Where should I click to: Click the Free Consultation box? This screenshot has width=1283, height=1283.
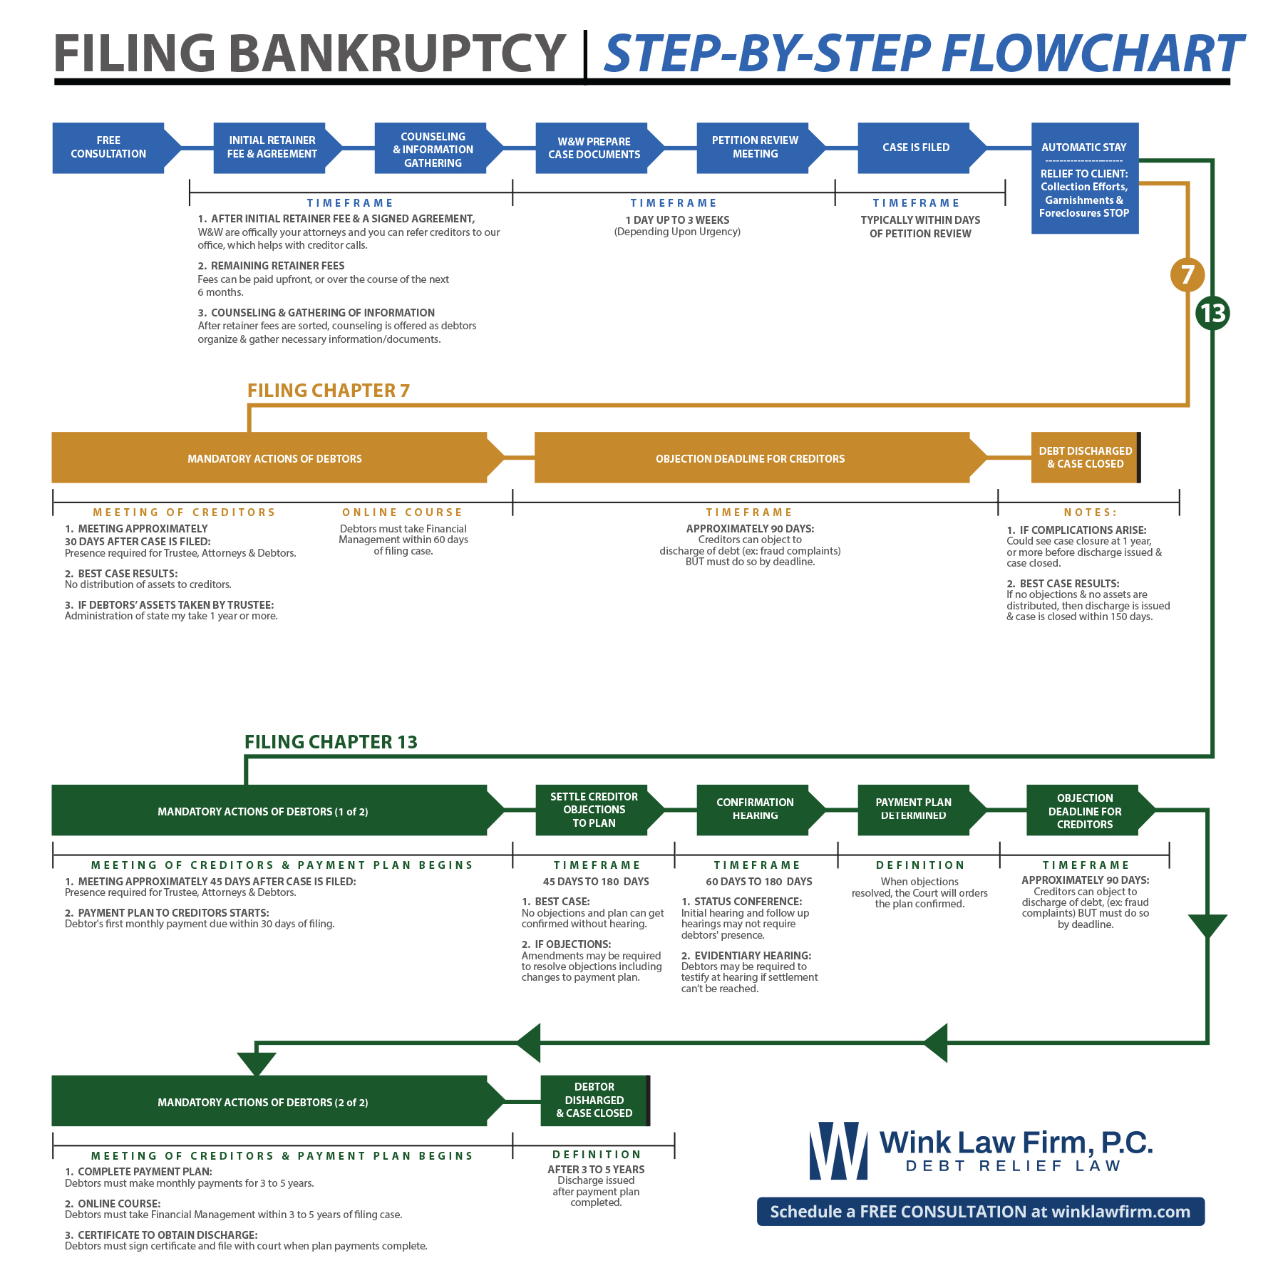pyautogui.click(x=108, y=148)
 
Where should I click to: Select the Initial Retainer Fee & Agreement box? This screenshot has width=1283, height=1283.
pyautogui.click(x=272, y=148)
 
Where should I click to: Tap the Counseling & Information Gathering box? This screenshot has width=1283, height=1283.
pyautogui.click(x=433, y=149)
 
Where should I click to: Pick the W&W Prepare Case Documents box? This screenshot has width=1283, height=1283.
pyautogui.click(x=594, y=148)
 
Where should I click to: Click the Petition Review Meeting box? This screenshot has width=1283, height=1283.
pyautogui.click(x=755, y=148)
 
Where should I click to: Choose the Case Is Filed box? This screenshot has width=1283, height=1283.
pyautogui.click(x=916, y=148)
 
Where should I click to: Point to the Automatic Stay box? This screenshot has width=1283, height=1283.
pyautogui.click(x=1084, y=178)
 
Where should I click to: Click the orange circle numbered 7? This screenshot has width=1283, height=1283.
pyautogui.click(x=1187, y=274)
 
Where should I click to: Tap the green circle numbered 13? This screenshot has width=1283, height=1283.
pyautogui.click(x=1212, y=313)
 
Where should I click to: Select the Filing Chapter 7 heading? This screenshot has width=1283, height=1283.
pyautogui.click(x=328, y=391)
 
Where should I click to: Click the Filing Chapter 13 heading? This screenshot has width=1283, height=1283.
pyautogui.click(x=331, y=742)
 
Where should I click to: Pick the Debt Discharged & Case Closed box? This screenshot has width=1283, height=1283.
pyautogui.click(x=1085, y=458)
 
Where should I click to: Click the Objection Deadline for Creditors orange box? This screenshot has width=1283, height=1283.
pyautogui.click(x=751, y=458)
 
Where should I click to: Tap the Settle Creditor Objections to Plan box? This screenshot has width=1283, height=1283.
pyautogui.click(x=594, y=810)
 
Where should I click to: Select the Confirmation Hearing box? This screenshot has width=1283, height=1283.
pyautogui.click(x=755, y=810)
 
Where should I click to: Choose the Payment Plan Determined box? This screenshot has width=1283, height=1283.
pyautogui.click(x=914, y=810)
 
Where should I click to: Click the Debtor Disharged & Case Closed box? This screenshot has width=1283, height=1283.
pyautogui.click(x=594, y=1101)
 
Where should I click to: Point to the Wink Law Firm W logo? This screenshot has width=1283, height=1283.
pyautogui.click(x=838, y=1151)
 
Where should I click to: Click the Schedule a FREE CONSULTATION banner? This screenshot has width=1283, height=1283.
pyautogui.click(x=980, y=1212)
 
